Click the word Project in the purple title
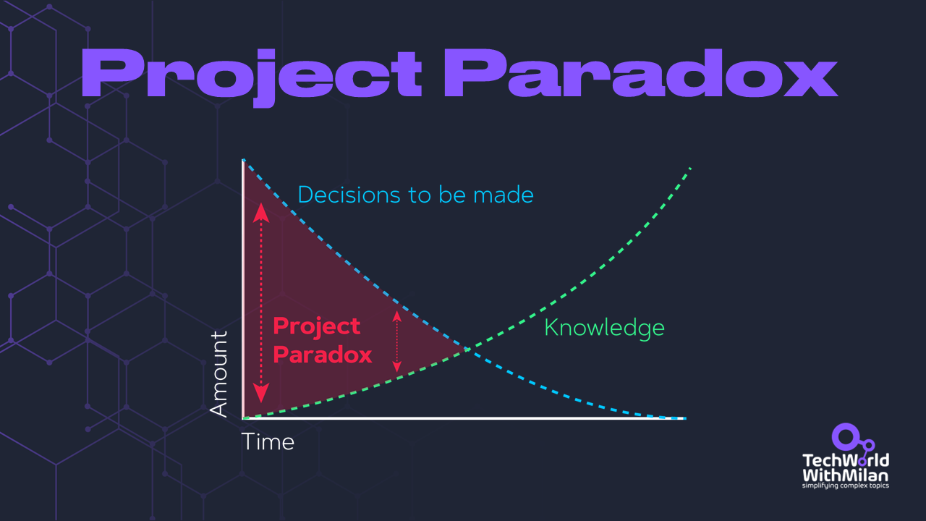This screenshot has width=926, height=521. pyautogui.click(x=250, y=73)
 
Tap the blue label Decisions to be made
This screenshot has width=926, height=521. pyautogui.click(x=415, y=195)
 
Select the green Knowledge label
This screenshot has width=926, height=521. pyautogui.click(x=604, y=328)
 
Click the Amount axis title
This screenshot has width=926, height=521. pyautogui.click(x=218, y=374)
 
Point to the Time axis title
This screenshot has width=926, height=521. pyautogui.click(x=268, y=441)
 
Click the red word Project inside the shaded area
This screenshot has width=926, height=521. pyautogui.click(x=316, y=326)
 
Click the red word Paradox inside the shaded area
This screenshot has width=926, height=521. pyautogui.click(x=323, y=355)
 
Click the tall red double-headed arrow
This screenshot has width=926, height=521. pyautogui.click(x=260, y=304)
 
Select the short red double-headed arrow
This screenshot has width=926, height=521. pyautogui.click(x=396, y=341)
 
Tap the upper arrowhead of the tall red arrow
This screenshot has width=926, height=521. pyautogui.click(x=260, y=211)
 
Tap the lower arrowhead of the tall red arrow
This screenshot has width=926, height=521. pyautogui.click(x=260, y=395)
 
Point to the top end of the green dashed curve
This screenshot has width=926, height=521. pyautogui.click(x=691, y=168)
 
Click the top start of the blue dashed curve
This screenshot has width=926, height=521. pyautogui.click(x=244, y=160)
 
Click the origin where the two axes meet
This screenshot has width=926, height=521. pyautogui.click(x=244, y=418)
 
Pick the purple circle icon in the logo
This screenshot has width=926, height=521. pyautogui.click(x=844, y=436)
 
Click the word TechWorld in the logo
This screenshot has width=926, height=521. pyautogui.click(x=846, y=461)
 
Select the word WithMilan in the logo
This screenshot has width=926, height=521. pyautogui.click(x=846, y=475)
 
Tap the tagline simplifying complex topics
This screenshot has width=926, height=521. pyautogui.click(x=846, y=486)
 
